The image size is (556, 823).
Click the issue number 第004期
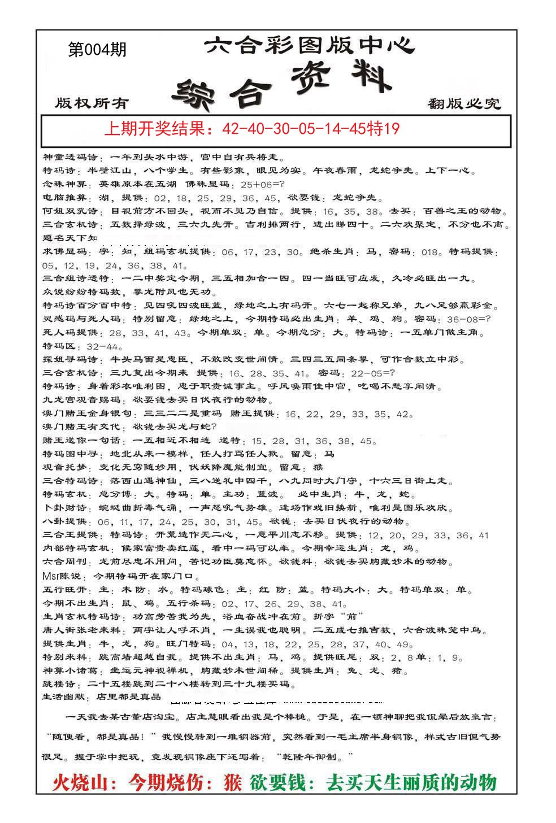tap(97, 50)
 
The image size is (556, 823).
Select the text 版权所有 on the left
tap(92, 103)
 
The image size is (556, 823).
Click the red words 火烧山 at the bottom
tap(80, 782)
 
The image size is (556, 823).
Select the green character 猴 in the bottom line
tap(230, 782)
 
